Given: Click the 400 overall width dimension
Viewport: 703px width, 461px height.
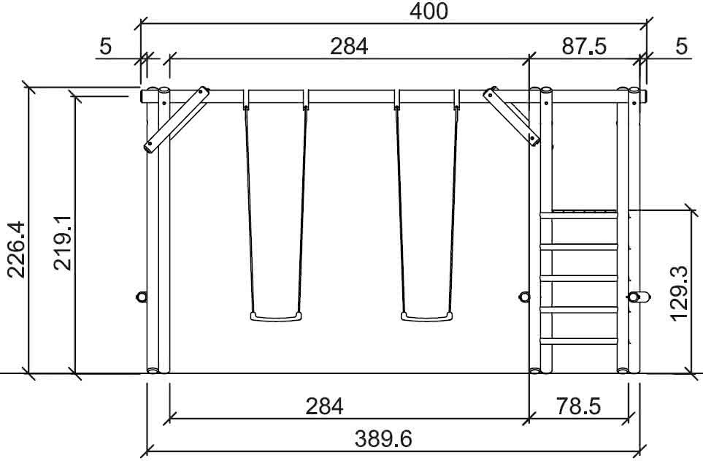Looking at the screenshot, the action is coord(429,11).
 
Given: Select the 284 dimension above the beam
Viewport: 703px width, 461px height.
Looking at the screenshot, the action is coord(349,46).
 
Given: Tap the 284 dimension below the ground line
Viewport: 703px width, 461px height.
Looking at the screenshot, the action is coord(324,406).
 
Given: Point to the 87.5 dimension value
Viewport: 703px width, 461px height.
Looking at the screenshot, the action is coord(584,46).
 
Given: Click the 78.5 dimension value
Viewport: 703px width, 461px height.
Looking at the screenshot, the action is coord(578,406).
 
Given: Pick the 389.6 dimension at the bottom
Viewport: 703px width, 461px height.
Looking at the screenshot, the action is coord(383,438).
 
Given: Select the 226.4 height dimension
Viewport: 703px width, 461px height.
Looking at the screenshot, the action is coord(16,250).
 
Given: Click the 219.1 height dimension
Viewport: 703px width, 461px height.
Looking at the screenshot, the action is coord(62,243).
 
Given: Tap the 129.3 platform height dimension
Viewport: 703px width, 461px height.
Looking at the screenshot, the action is coord(679,293).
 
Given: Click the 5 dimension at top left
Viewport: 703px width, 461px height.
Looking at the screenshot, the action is coord(105,46).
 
